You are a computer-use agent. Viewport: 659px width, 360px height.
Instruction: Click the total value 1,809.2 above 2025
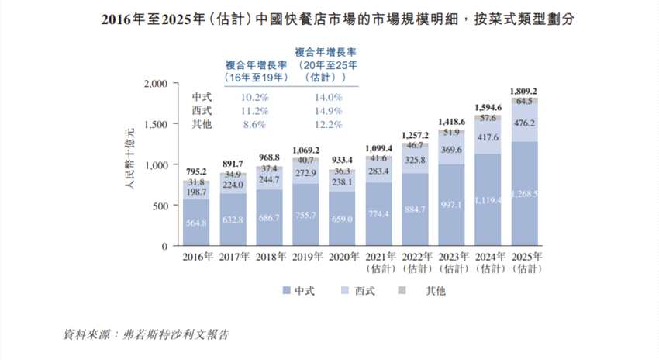point(525,91)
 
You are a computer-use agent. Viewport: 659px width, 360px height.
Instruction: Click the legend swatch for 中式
point(287,291)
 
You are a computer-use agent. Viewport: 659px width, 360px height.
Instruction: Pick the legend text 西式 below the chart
point(364,291)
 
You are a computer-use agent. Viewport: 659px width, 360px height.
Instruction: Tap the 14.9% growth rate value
point(327,111)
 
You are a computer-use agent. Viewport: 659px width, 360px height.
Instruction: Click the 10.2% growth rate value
point(254,98)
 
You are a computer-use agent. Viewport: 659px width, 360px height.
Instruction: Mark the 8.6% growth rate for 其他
point(254,124)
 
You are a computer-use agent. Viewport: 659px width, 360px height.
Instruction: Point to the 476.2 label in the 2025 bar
point(525,123)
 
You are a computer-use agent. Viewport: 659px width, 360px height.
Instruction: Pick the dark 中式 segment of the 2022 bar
point(416,209)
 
